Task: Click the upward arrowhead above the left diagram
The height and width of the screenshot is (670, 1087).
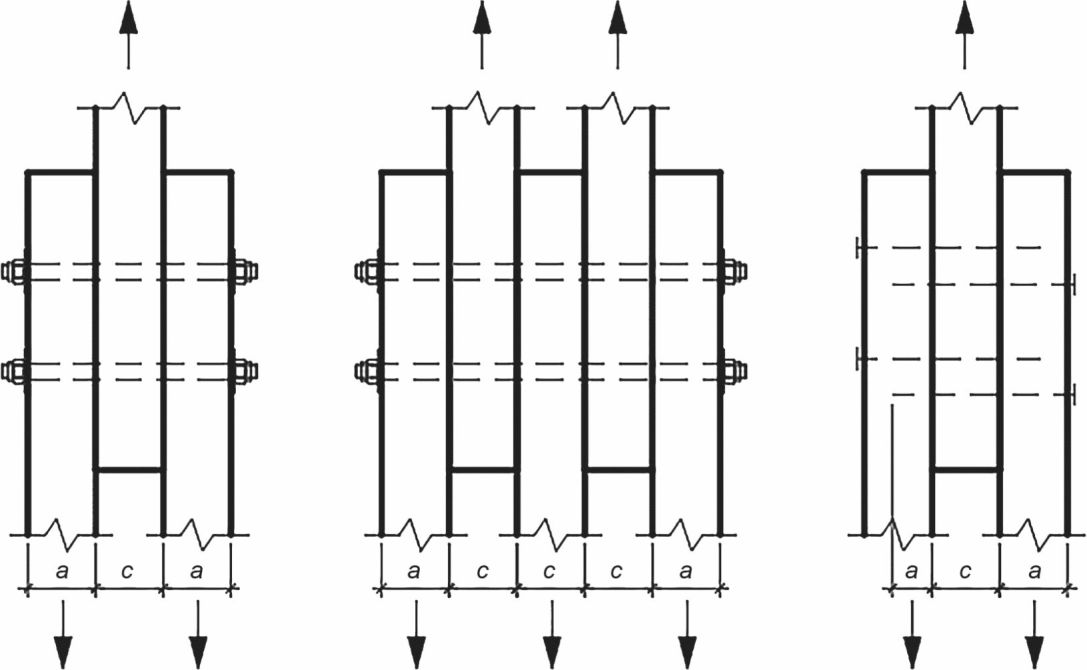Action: (x=128, y=16)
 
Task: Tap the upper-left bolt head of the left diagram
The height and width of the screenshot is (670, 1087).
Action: (x=14, y=271)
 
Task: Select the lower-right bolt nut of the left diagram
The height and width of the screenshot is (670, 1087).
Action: (x=244, y=371)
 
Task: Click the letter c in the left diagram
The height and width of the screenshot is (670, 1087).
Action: (x=128, y=572)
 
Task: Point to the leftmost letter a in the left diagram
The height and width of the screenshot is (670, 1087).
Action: (x=62, y=572)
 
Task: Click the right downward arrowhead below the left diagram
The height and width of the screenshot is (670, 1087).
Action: (x=198, y=652)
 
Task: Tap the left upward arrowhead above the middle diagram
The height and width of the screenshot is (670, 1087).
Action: (x=482, y=16)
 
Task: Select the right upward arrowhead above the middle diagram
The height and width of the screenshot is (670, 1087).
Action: (x=618, y=16)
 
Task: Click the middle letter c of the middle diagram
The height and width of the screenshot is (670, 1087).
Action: (x=549, y=572)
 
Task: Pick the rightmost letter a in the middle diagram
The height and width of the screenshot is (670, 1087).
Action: (x=686, y=572)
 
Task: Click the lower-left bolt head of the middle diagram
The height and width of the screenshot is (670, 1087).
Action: (x=367, y=371)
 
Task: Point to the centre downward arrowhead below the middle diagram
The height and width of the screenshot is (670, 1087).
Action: (x=552, y=652)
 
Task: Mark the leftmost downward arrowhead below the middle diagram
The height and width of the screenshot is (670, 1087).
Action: (x=416, y=652)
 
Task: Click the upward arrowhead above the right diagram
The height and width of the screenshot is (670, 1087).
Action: (x=964, y=16)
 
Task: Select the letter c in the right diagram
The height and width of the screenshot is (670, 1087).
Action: (x=965, y=572)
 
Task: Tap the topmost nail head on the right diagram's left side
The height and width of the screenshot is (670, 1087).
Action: (x=858, y=247)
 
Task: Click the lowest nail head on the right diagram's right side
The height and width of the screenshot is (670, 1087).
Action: (x=1073, y=395)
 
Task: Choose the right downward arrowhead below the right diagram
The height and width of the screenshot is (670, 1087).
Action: (x=1035, y=652)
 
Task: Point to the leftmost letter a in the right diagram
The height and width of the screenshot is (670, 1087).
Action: (x=912, y=572)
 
